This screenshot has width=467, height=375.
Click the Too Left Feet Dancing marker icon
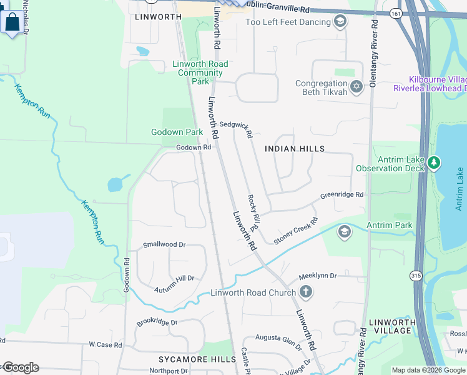click(x=340, y=22)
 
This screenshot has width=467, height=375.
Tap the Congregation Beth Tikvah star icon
click(x=356, y=86)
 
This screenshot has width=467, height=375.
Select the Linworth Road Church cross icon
click(x=305, y=292)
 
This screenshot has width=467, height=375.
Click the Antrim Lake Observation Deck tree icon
click(x=434, y=163)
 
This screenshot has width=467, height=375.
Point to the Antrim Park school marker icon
click(x=344, y=232)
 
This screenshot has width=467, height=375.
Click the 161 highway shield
click(x=396, y=13)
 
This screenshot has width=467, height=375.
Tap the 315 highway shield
click(x=416, y=275)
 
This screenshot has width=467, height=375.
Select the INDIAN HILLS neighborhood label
click(x=295, y=149)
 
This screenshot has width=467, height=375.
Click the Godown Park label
click(x=177, y=132)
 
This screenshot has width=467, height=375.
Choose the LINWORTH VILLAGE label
click(x=393, y=327)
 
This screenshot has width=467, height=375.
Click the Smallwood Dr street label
click(x=165, y=245)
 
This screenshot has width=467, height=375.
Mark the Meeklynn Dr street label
click(x=317, y=276)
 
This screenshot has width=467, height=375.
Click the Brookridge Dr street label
click(x=157, y=323)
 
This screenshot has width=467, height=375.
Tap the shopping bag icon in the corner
click(x=12, y=22)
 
